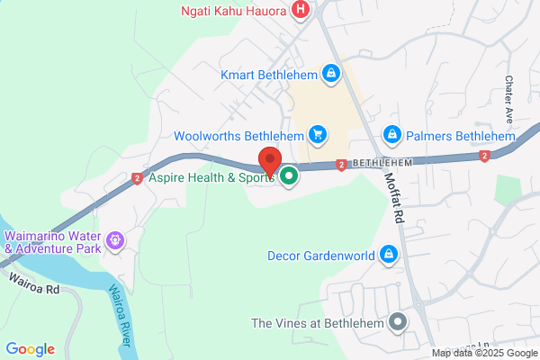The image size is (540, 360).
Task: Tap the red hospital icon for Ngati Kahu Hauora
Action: pyautogui.click(x=301, y=11)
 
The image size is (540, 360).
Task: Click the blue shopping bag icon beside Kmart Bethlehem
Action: pyautogui.click(x=331, y=72)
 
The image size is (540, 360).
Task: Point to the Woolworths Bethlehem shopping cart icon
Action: pyautogui.click(x=317, y=136)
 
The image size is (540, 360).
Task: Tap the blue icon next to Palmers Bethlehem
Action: pyautogui.click(x=391, y=136)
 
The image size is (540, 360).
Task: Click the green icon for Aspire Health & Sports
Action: pyautogui.click(x=289, y=177)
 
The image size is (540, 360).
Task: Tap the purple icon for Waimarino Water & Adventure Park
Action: pyautogui.click(x=114, y=240)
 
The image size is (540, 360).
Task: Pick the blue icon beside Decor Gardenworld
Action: pyautogui.click(x=388, y=256)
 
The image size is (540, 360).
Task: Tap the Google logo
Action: pyautogui.click(x=30, y=349)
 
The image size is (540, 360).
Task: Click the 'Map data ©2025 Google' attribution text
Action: pyautogui.click(x=484, y=353)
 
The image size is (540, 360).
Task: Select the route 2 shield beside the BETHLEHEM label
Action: pyautogui.click(x=342, y=165)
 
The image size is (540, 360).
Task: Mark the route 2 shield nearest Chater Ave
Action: pyautogui.click(x=484, y=157)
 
